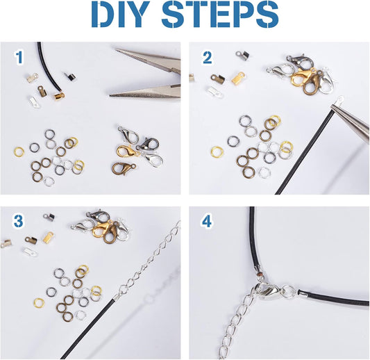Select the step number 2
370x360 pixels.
coord(207,58)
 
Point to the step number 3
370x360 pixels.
coord(19,221)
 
